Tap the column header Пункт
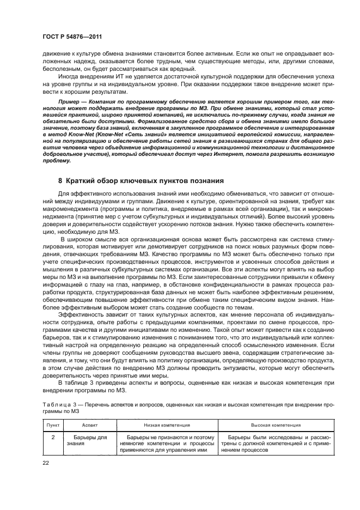point(52,424)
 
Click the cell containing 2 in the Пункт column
point(52,437)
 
